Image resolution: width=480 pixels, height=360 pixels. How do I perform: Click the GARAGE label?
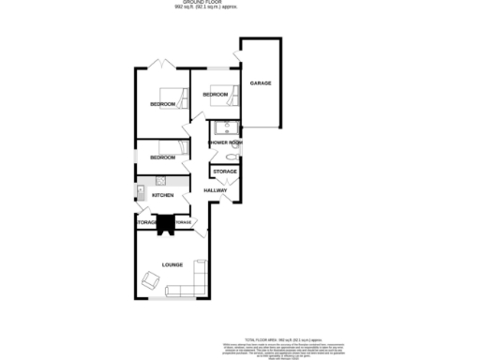click(260, 84)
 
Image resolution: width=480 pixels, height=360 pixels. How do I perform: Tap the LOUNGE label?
click(172, 265)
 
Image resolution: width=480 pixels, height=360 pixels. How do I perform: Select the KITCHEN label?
click(163, 194)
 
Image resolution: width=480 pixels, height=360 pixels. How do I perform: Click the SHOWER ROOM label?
click(225, 142)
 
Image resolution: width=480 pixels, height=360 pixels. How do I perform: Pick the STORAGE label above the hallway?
click(224, 172)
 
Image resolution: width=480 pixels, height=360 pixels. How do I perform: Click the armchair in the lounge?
click(151, 278)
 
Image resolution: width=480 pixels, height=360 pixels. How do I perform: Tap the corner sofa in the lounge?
click(194, 278)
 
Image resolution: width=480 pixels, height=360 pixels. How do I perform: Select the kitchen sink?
click(141, 193)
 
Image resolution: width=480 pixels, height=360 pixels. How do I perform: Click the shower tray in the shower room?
click(225, 128)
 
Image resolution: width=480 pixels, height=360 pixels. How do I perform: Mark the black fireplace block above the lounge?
click(167, 223)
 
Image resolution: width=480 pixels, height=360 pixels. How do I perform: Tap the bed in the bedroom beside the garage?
click(218, 94)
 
